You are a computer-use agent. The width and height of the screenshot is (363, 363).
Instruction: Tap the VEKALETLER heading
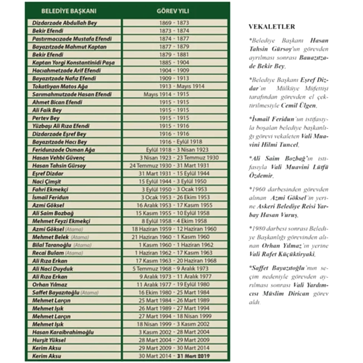pyautogui.click(x=272, y=26)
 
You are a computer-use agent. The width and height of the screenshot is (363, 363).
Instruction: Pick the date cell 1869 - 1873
pyautogui.click(x=175, y=22)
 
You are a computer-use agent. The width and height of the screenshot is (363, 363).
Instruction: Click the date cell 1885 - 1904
pyautogui.click(x=175, y=63)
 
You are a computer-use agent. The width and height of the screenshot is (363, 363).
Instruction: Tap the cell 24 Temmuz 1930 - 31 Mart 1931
pyautogui.click(x=175, y=166)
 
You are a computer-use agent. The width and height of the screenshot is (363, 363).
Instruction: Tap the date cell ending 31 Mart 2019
pyautogui.click(x=175, y=356)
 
